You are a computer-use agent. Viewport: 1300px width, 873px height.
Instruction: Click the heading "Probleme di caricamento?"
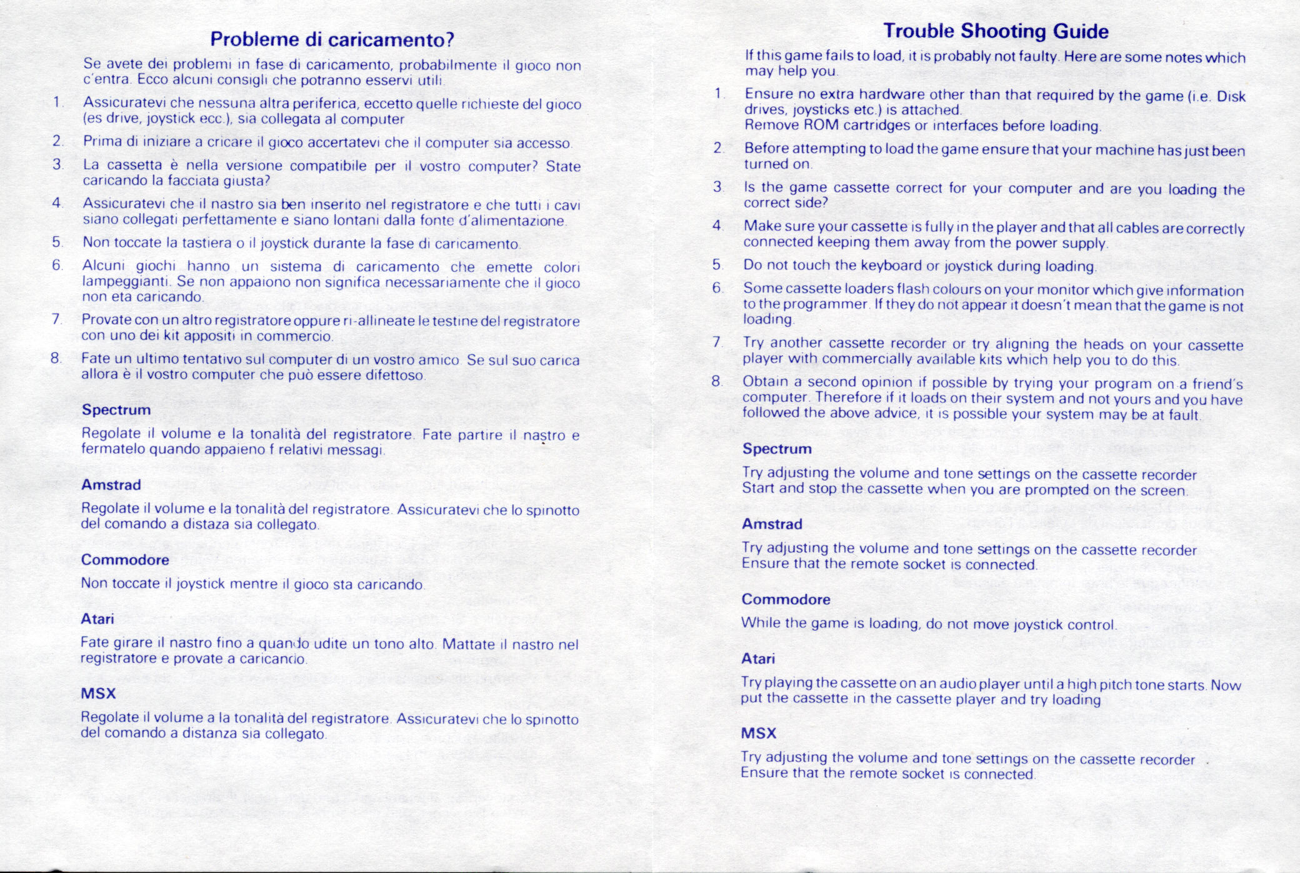332,39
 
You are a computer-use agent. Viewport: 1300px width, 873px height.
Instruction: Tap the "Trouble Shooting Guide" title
996,31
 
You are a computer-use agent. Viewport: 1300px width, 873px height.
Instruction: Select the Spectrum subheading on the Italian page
116,410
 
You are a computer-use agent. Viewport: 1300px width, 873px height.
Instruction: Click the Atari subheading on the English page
757,659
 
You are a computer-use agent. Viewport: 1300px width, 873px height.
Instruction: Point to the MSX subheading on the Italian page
98,694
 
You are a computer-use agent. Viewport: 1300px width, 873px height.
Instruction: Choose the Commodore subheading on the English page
786,599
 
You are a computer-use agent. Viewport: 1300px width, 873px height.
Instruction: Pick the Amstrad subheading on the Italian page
111,485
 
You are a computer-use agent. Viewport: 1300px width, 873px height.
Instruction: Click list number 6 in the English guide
717,288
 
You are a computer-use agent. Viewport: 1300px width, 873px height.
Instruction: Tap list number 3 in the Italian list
57,164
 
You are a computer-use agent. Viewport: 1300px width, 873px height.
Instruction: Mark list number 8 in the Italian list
56,358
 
